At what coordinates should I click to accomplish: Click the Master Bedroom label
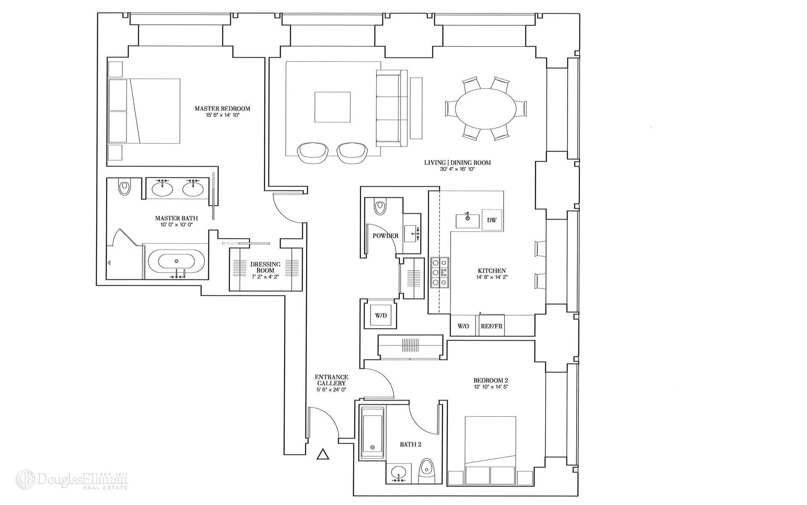(x=222, y=109)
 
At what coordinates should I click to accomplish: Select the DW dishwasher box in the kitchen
(x=492, y=220)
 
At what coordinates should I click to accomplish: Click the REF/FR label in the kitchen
(x=491, y=326)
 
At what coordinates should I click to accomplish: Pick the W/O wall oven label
(x=463, y=326)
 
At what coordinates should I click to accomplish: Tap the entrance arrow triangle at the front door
(x=322, y=454)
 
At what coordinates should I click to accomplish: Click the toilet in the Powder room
(x=380, y=207)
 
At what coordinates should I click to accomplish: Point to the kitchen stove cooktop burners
(x=440, y=272)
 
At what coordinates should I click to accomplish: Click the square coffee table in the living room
(x=332, y=107)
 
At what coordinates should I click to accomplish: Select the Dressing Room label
(x=265, y=267)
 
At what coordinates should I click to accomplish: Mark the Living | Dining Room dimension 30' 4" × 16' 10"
(x=457, y=169)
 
